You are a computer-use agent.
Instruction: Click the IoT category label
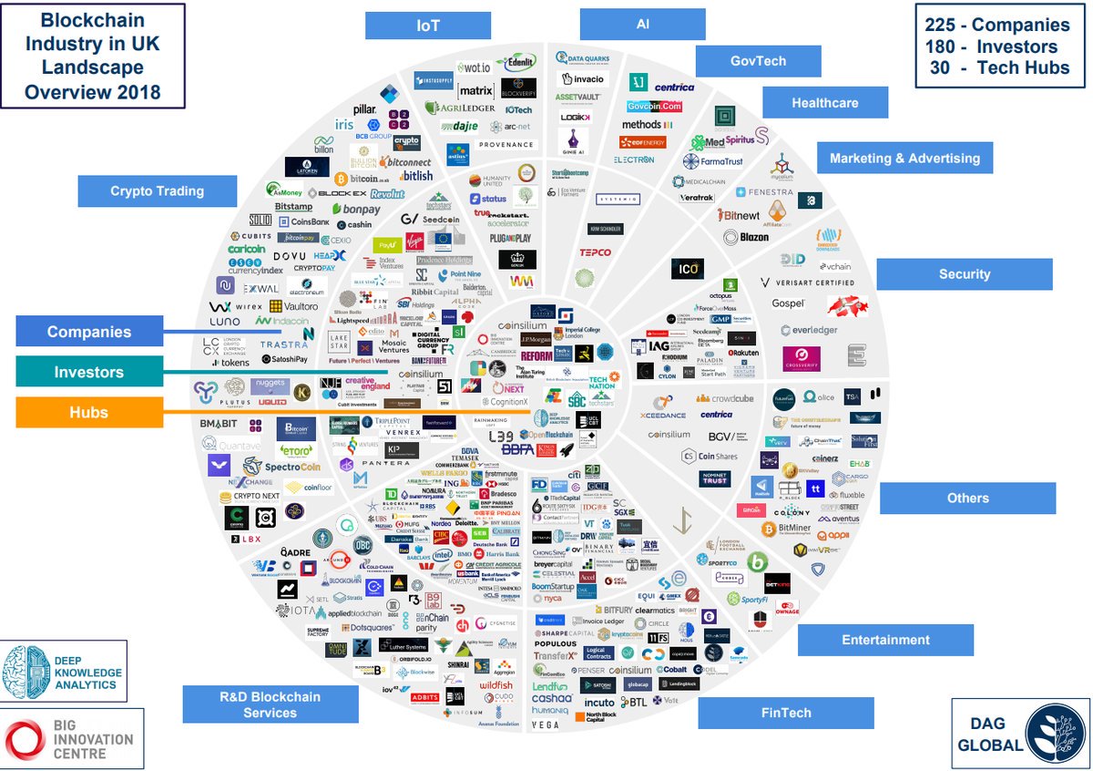428,26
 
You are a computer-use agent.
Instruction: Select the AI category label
642,24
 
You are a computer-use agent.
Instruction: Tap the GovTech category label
758,61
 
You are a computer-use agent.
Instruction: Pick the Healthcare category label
824,103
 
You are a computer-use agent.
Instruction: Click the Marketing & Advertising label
904,158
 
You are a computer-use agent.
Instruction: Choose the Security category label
964,274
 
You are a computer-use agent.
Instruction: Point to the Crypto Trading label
157,191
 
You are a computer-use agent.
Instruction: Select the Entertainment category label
884,640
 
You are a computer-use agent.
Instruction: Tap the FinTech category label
785,713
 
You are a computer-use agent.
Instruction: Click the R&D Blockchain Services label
270,704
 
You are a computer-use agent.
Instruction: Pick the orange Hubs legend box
89,412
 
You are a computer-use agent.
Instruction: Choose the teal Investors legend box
89,371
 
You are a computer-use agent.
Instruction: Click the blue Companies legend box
89,332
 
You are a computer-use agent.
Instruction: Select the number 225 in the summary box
944,26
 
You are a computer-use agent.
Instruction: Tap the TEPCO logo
597,252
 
